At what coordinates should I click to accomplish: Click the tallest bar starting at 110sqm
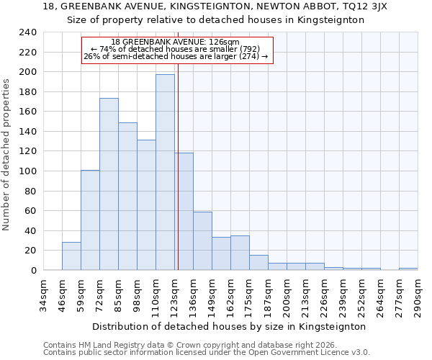coord(165,173)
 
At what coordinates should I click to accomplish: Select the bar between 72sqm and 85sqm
coord(109,184)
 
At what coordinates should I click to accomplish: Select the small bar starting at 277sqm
coord(408,269)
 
